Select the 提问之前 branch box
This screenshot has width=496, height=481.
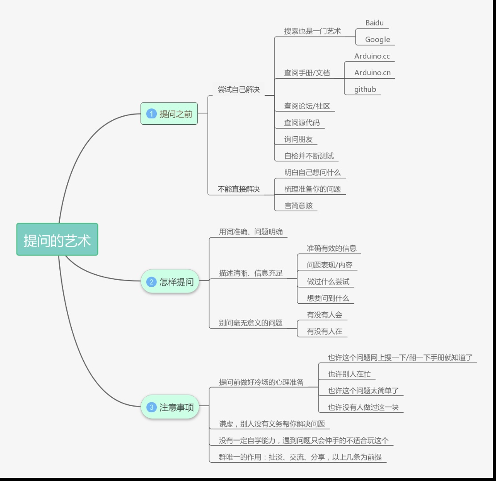[x=169, y=114]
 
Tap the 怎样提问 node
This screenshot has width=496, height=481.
[x=170, y=281]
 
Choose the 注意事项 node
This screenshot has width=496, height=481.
[x=170, y=407]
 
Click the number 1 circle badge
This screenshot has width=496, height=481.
[x=152, y=114]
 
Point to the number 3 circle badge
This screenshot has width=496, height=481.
[x=152, y=407]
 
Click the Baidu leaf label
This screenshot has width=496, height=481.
[x=374, y=23]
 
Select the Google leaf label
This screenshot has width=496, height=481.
[x=377, y=40]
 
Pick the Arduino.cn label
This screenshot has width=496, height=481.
[x=373, y=73]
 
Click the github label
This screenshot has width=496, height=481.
[x=365, y=89]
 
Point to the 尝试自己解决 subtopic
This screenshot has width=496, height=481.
[x=238, y=89]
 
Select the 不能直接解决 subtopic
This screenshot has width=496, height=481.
[x=238, y=189]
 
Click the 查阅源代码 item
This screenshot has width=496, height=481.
[x=302, y=122]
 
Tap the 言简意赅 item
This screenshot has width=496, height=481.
[x=299, y=205]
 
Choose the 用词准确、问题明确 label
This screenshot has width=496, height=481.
[x=250, y=232]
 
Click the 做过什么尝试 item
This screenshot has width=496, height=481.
[x=328, y=281]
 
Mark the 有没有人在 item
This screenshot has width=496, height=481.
[x=324, y=331]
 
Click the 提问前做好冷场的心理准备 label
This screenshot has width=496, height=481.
[x=261, y=382]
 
